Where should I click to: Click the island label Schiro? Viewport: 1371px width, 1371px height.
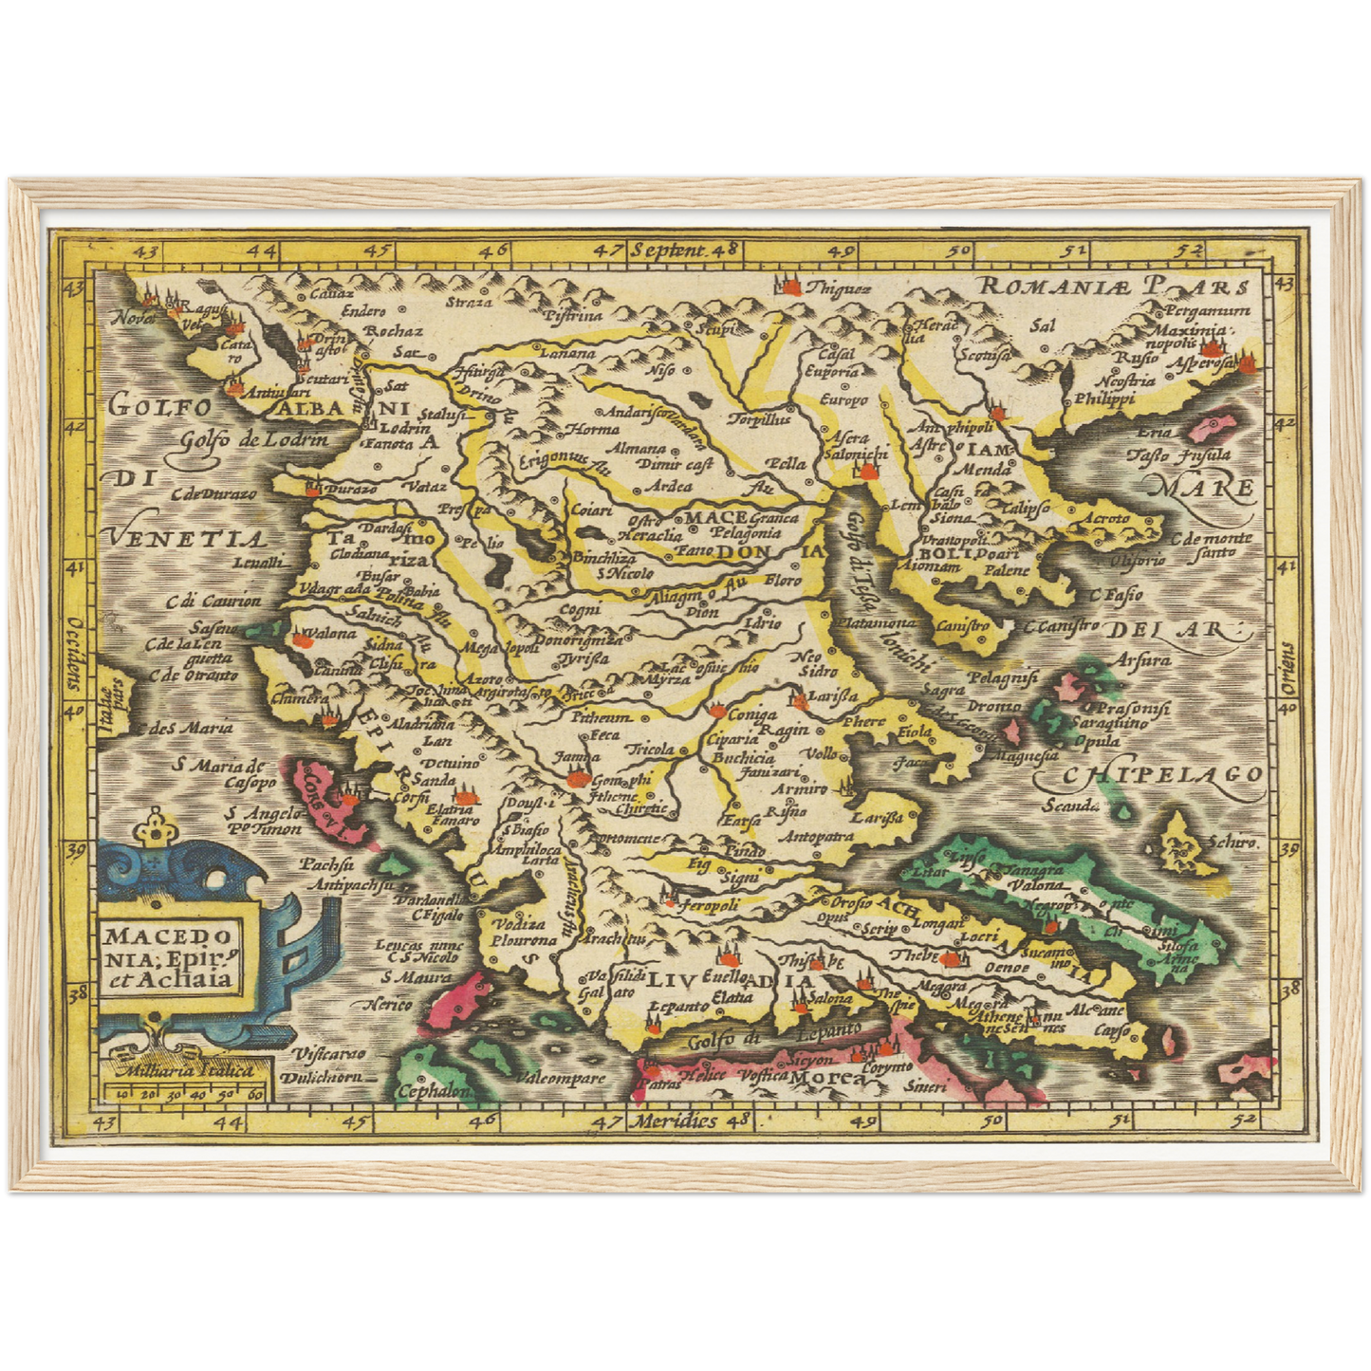pyautogui.click(x=1233, y=841)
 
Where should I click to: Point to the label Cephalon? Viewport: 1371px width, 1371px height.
pyautogui.click(x=435, y=1091)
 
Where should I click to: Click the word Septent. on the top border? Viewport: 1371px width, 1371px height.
pyautogui.click(x=669, y=250)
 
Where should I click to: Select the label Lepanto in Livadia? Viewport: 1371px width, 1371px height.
pyautogui.click(x=679, y=1006)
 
